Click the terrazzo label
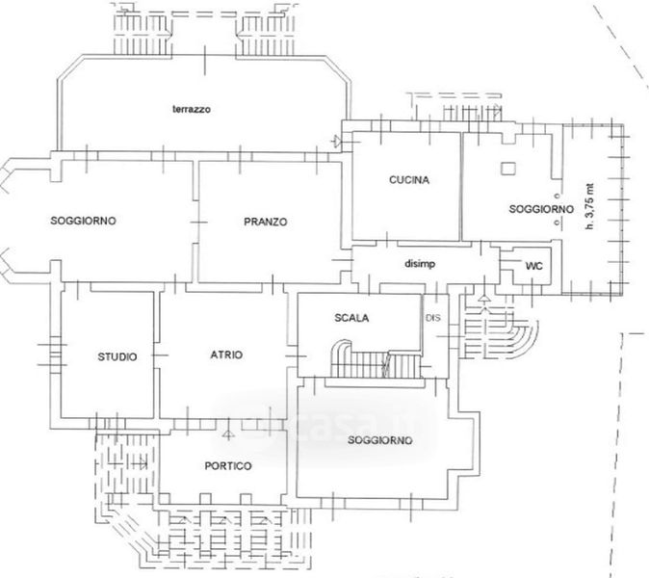click(192, 110)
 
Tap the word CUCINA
click(408, 180)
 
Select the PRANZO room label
click(267, 222)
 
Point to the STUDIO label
click(117, 356)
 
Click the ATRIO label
click(226, 355)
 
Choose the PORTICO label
click(228, 466)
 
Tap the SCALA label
click(352, 318)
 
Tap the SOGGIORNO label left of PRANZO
click(83, 221)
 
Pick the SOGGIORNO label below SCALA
click(376, 440)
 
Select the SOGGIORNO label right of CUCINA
click(540, 209)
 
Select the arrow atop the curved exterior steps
click(484, 301)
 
